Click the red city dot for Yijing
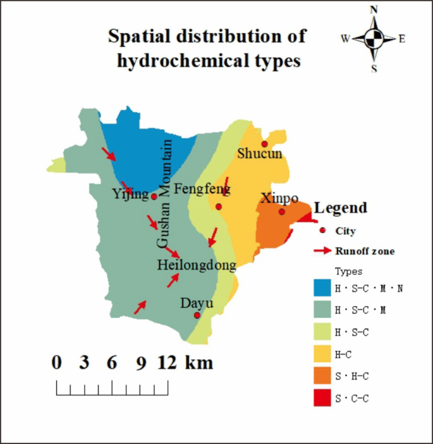(x=154, y=196)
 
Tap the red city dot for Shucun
(x=264, y=144)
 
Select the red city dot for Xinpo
(x=282, y=212)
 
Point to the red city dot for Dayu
(x=197, y=315)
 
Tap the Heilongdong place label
(x=197, y=265)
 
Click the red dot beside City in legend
(x=323, y=231)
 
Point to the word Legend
(x=341, y=208)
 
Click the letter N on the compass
(x=374, y=10)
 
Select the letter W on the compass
(x=346, y=38)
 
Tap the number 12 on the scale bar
(x=167, y=363)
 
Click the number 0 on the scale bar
(x=57, y=363)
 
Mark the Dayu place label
(x=197, y=303)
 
